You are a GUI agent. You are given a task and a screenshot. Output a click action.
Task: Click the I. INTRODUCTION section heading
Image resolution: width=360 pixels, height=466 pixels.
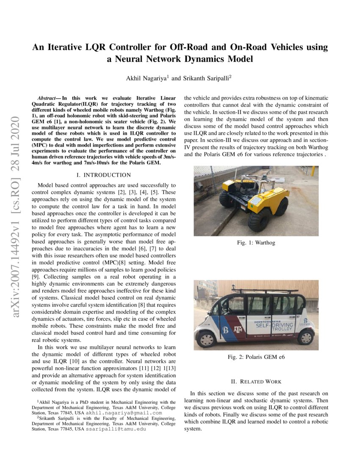click(x=104, y=175)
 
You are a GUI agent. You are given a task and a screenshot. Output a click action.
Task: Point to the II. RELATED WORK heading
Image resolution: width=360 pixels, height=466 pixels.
click(x=256, y=381)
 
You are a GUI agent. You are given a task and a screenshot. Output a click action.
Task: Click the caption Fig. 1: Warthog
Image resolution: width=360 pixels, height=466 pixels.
click(x=256, y=243)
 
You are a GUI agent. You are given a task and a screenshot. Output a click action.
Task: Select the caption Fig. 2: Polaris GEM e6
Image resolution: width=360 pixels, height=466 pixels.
click(x=256, y=357)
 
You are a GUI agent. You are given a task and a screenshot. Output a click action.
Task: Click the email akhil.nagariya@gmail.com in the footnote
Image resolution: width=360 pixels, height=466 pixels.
click(x=124, y=413)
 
